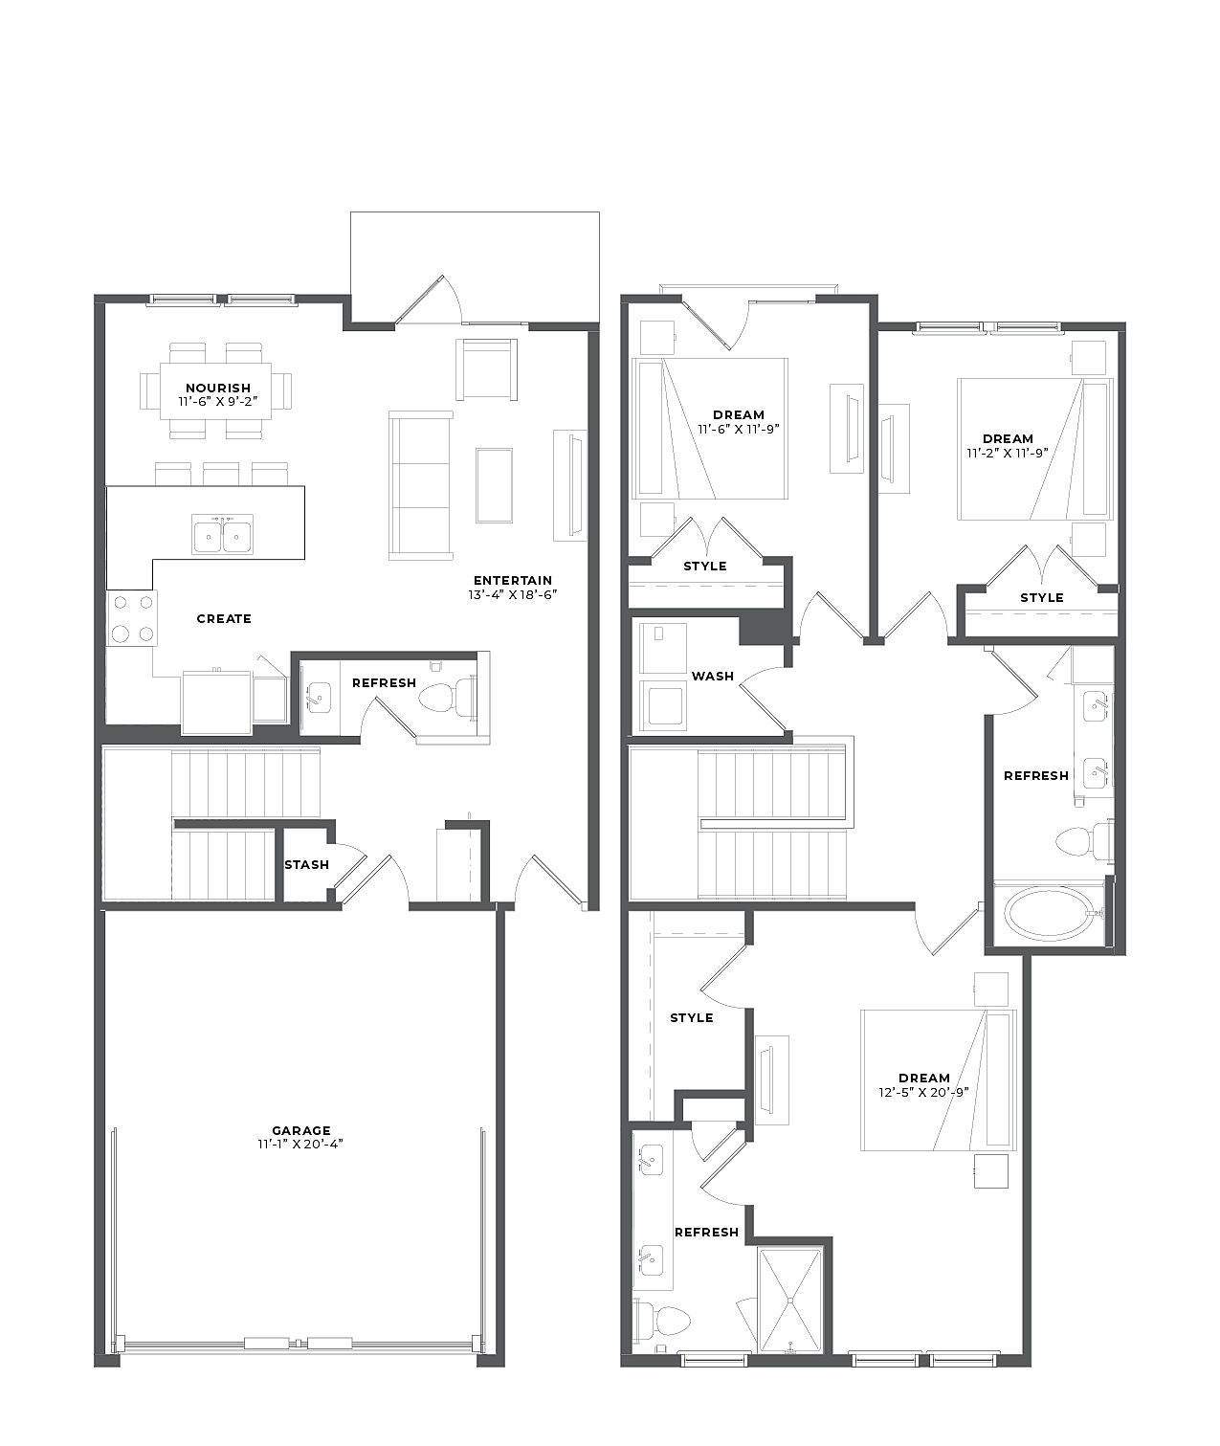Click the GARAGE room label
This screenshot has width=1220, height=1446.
point(300,1130)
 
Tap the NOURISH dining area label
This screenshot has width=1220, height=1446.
point(218,388)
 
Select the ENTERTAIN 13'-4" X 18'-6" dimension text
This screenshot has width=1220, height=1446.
point(512,594)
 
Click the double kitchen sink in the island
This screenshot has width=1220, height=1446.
point(222,534)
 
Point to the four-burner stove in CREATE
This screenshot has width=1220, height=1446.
point(132,618)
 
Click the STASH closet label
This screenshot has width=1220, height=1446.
point(307,864)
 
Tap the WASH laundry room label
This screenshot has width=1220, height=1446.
point(713,676)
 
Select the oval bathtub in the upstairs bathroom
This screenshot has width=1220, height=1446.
point(1050,914)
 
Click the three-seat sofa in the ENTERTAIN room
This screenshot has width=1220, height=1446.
point(421,485)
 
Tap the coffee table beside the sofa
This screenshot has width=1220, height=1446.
point(494,485)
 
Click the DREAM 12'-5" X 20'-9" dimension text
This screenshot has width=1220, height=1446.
point(923,1093)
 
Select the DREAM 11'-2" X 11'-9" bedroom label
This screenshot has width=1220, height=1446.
point(1008,446)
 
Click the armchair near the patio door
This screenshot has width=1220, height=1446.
point(487,369)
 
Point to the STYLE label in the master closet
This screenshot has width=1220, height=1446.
point(692,1017)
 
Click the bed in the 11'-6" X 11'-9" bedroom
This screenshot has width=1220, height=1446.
point(710,428)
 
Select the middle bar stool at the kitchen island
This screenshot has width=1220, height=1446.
point(221,474)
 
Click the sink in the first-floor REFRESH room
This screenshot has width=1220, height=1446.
point(319,698)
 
